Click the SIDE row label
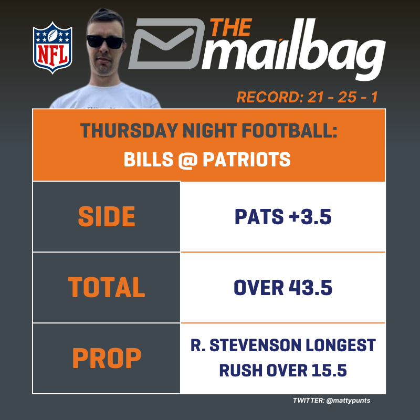107,217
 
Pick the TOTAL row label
107,288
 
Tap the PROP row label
107,359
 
